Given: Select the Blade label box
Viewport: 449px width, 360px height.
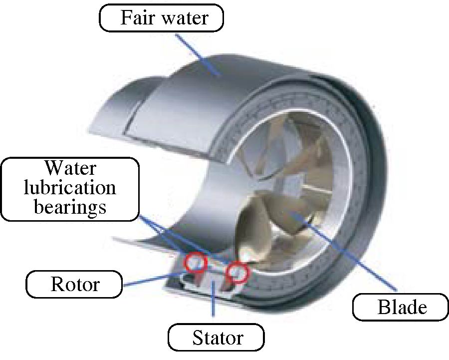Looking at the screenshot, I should (x=402, y=307).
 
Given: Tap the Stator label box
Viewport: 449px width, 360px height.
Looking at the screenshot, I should (x=218, y=338).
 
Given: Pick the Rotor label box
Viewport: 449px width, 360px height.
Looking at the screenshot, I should (x=75, y=284).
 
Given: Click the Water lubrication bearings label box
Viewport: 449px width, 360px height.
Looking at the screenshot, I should (x=69, y=187).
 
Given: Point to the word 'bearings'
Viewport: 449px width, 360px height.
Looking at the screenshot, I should (x=70, y=206).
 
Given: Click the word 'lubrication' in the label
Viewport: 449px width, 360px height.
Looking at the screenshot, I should (x=70, y=187).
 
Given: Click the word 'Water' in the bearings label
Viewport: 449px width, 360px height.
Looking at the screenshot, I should (x=69, y=168).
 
